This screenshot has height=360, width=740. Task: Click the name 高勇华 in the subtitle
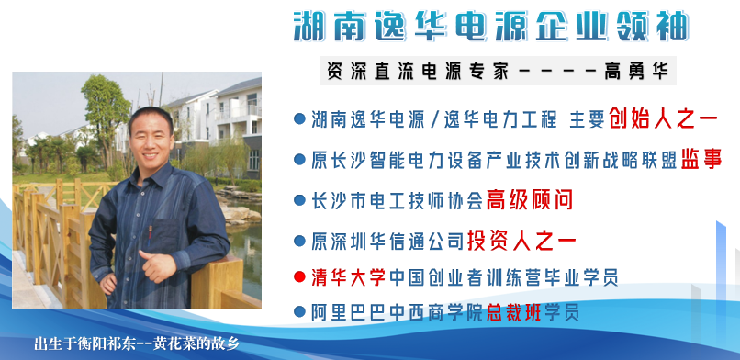click(637, 70)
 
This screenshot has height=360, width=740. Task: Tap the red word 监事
click(701, 159)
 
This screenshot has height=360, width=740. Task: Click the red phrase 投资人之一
click(521, 241)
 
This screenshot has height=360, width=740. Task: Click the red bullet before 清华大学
click(298, 276)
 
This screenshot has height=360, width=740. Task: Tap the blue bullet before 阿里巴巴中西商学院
click(298, 311)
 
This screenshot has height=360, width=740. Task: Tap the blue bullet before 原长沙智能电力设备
click(298, 159)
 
